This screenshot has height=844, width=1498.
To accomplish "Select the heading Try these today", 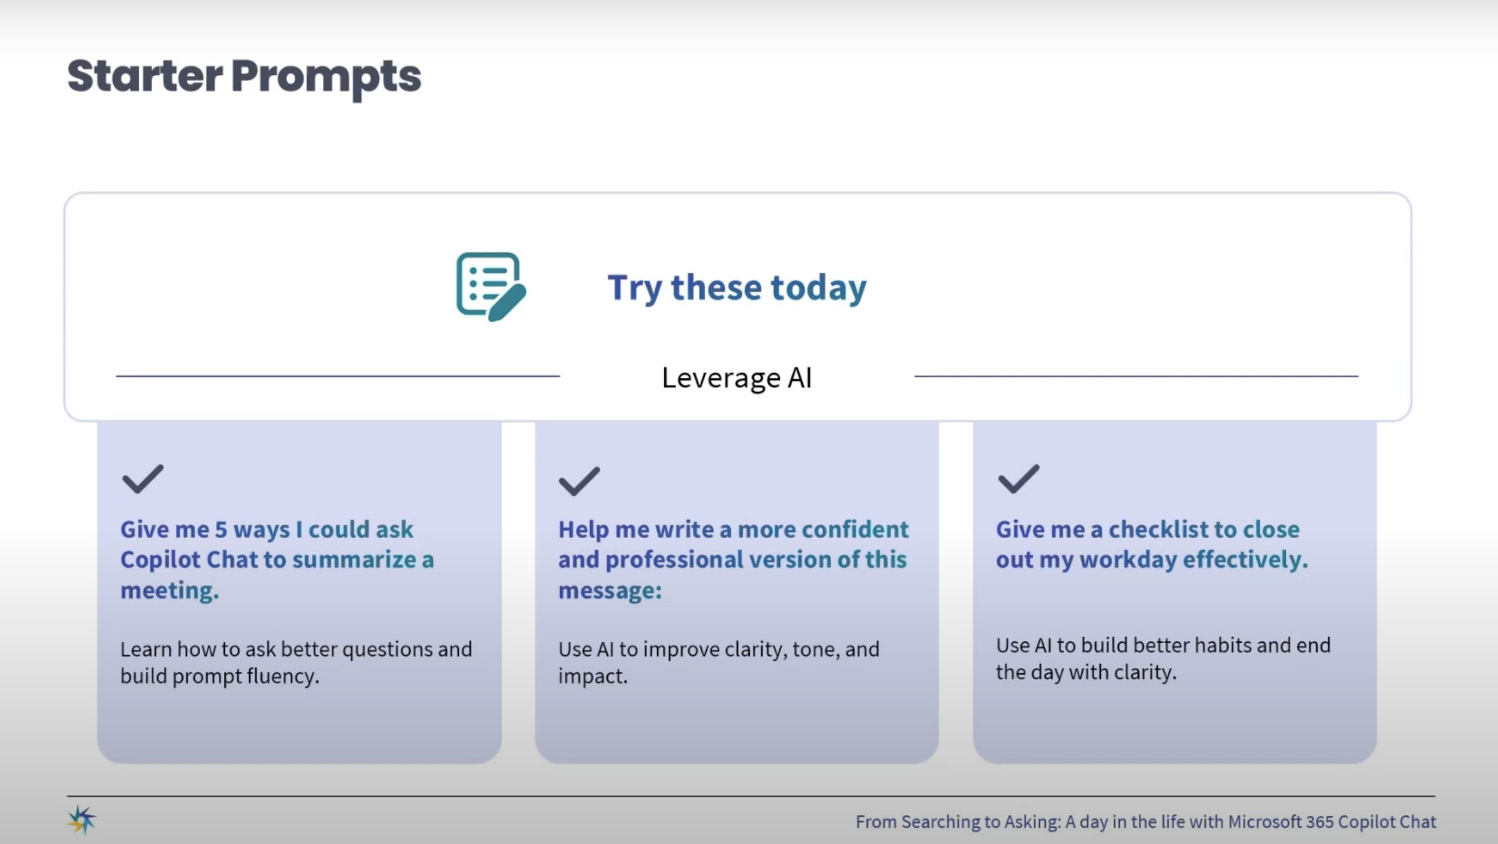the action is [737, 288].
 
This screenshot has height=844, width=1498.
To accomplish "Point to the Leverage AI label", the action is [737, 378].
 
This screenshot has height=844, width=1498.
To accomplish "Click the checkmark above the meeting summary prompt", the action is [143, 479].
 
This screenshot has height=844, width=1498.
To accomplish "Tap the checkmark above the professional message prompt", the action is [579, 481].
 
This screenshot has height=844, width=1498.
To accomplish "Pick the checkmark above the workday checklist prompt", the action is [1018, 479].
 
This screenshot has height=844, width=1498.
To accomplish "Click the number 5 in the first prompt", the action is [221, 530].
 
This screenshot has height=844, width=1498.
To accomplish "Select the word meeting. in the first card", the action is [170, 591].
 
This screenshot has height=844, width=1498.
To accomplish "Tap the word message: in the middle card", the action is [610, 591].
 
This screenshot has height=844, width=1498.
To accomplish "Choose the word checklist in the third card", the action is [1158, 530].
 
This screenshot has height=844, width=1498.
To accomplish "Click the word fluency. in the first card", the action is [283, 677].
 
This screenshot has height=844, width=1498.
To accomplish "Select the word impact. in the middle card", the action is [593, 677].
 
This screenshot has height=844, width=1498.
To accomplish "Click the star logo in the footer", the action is [82, 820].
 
